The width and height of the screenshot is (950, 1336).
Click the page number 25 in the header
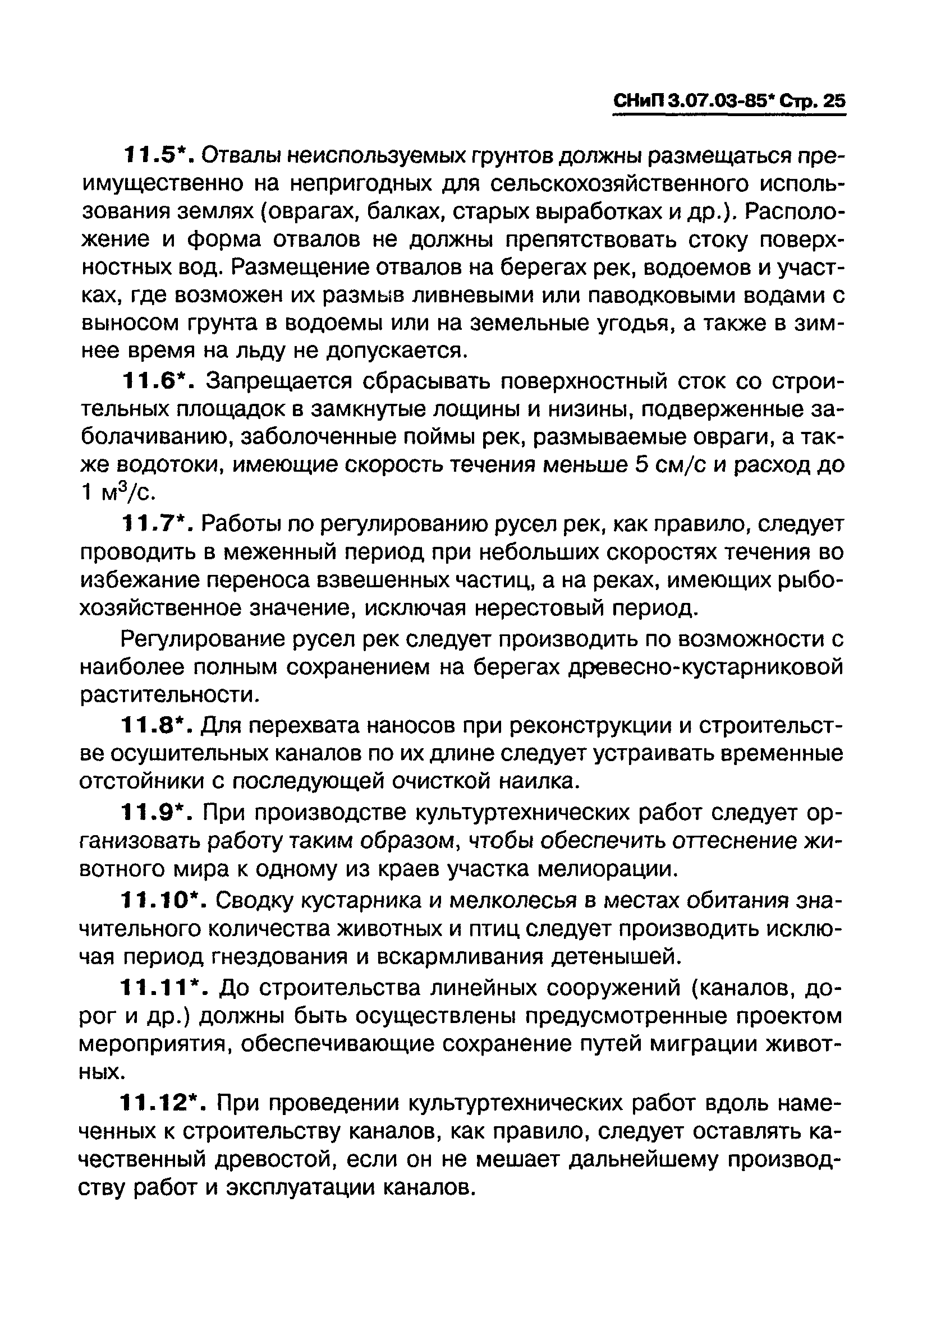pos(834,101)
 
